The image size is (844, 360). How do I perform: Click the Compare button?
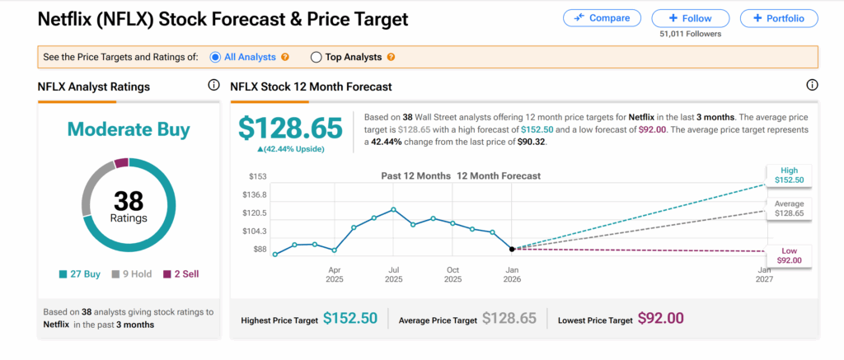pos(601,18)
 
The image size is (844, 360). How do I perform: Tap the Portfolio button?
pos(778,18)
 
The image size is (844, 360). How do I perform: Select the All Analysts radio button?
pos(215,57)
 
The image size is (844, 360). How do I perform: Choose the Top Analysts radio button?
pos(316,57)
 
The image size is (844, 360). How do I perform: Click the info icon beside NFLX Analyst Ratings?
pos(213,85)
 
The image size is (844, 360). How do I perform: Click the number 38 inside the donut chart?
pos(129,200)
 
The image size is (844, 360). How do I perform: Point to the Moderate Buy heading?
pos(129,129)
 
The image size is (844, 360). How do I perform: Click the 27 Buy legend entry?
pos(81,274)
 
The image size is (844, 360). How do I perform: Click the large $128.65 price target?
pos(290,129)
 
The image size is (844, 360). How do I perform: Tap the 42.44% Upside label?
pos(290,149)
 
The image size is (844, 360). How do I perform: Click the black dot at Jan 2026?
pos(512,248)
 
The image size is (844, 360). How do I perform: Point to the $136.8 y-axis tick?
pos(255,195)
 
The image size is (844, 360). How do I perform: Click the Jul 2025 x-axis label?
pos(394,274)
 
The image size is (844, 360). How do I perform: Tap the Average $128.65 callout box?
pos(789,208)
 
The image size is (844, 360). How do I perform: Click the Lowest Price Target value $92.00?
pos(660,318)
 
